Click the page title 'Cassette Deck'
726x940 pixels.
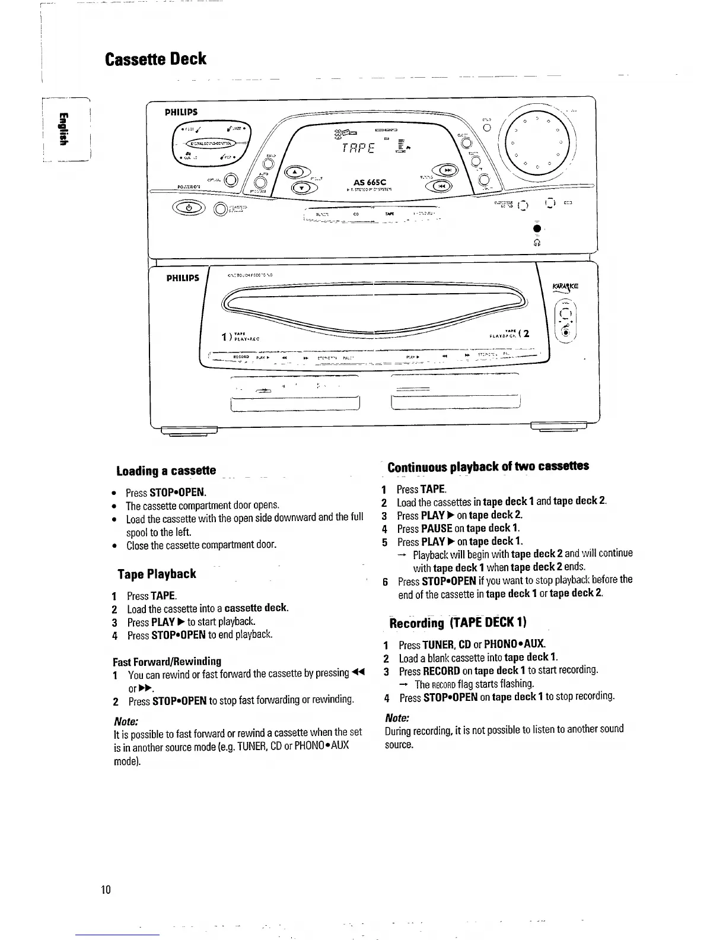click(x=155, y=59)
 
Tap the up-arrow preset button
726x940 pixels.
click(x=295, y=173)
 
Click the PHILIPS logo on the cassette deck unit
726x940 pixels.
click(x=182, y=278)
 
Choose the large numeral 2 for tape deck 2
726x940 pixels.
click(x=525, y=334)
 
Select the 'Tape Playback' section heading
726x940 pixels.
click(x=157, y=574)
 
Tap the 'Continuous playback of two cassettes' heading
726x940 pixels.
click(x=488, y=466)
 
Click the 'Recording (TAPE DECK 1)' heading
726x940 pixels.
click(x=457, y=623)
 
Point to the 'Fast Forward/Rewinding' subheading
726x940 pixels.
click(x=167, y=661)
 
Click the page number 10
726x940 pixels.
click(x=106, y=890)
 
